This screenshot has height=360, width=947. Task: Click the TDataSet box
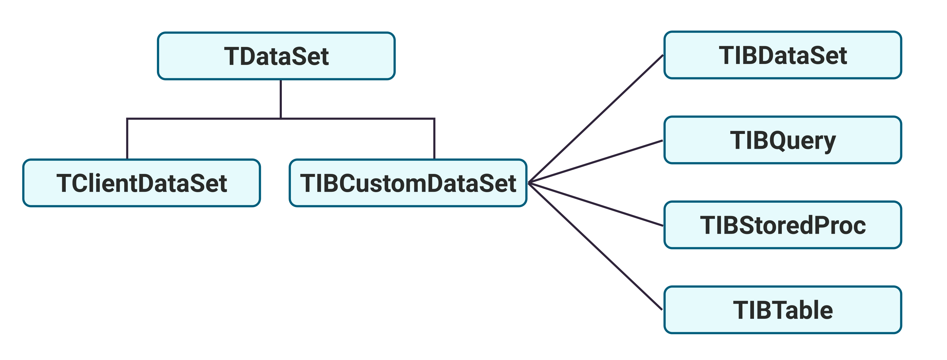276,56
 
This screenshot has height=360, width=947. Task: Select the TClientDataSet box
142,183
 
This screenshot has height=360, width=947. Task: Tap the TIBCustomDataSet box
408,183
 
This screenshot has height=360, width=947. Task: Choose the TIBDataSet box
783,55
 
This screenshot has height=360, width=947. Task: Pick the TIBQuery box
783,140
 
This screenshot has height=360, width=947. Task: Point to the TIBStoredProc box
783,225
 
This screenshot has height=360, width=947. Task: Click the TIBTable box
783,310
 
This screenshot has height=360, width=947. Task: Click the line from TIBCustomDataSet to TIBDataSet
596,119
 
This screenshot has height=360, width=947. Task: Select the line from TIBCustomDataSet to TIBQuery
596,162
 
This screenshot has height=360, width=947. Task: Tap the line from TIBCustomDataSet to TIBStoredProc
596,205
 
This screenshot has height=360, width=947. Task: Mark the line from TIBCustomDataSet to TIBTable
596,246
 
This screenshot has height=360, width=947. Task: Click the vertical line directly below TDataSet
281,99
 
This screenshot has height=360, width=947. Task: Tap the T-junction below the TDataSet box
281,119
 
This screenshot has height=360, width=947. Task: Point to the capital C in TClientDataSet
82,183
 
